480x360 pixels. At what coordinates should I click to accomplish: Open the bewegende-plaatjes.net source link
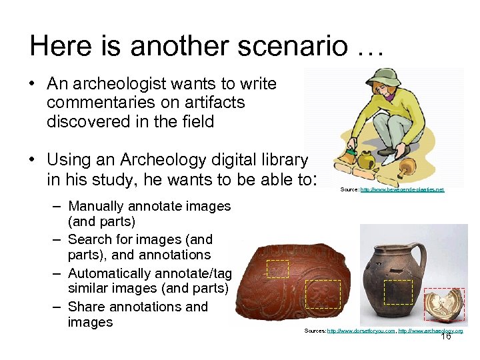[401, 190]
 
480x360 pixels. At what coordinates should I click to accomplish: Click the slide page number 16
[446, 337]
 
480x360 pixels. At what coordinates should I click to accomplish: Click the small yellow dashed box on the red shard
[277, 268]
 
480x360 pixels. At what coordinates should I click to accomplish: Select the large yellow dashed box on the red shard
[323, 294]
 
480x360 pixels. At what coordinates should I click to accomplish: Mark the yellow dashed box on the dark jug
[399, 292]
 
